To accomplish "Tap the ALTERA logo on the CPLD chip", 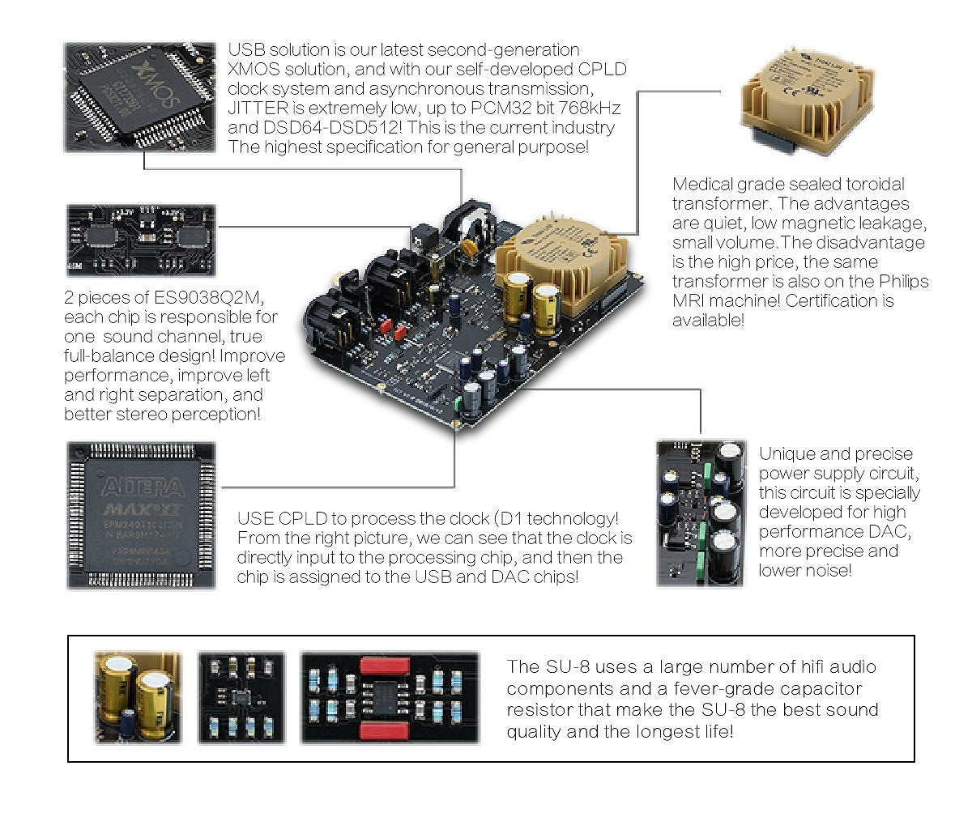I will coord(142,487).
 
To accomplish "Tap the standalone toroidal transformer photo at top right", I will coord(807,97).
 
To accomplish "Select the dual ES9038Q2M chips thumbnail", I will coord(141,240).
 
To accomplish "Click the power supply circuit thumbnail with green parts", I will coord(701,512).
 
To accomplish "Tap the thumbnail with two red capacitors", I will coord(390,697).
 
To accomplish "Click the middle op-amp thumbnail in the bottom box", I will coord(241,697).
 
